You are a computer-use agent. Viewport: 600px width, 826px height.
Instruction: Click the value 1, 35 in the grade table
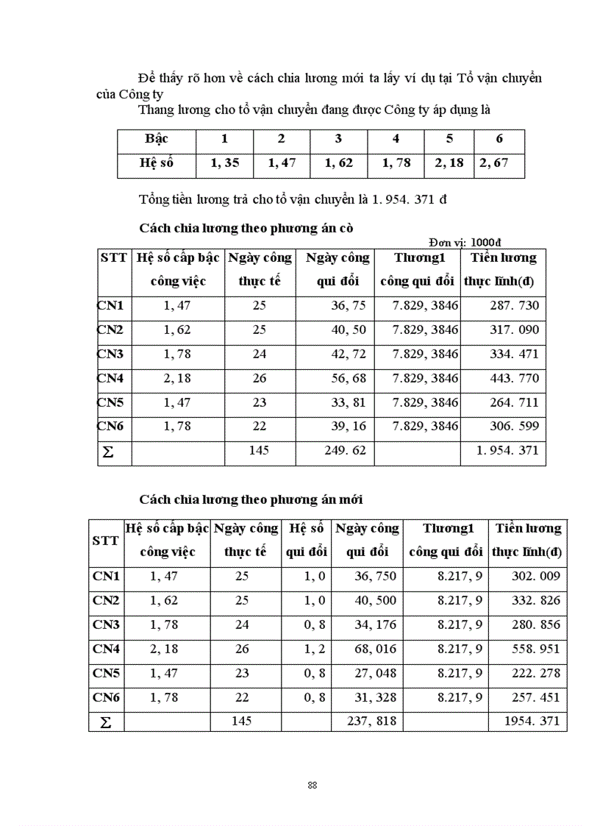point(225,163)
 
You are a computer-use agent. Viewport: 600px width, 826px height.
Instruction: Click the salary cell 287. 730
point(514,305)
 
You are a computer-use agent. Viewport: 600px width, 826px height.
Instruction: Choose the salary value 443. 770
point(514,378)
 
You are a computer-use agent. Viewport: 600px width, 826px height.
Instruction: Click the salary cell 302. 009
point(535,576)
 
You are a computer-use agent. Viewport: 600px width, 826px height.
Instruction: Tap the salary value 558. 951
point(535,649)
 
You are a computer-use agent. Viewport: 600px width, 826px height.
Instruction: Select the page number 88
point(312,785)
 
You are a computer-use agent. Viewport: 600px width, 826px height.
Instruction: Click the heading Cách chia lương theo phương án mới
point(251,499)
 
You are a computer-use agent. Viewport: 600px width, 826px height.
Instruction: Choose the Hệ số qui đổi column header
point(307,540)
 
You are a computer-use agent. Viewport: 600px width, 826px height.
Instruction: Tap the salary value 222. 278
point(535,673)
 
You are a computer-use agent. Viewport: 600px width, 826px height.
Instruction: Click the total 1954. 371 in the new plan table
point(532,722)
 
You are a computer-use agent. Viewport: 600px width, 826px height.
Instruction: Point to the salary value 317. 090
point(514,330)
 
